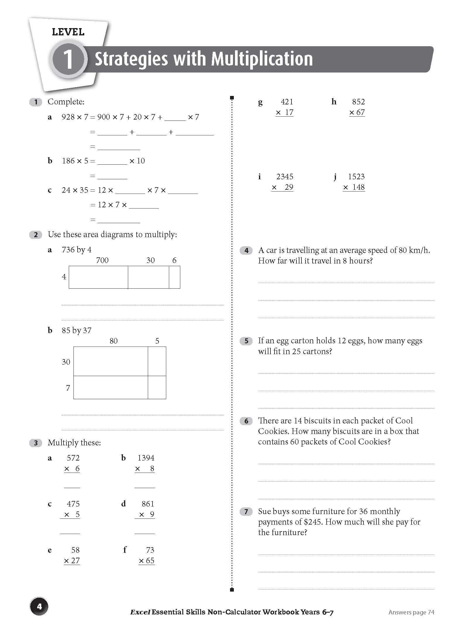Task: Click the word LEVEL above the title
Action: (x=68, y=32)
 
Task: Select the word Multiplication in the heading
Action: (x=262, y=59)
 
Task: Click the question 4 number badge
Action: (x=246, y=251)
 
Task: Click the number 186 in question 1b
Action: (x=68, y=161)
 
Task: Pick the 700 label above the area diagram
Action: (x=102, y=260)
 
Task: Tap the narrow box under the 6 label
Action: (x=174, y=277)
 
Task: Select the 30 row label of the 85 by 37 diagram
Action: (x=66, y=362)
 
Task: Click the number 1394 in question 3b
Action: (x=146, y=458)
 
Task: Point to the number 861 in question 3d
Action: (x=148, y=504)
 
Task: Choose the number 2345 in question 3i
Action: (x=284, y=177)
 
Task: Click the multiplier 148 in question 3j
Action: (x=358, y=187)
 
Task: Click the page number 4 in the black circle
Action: (x=39, y=607)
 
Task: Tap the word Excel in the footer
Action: (x=140, y=612)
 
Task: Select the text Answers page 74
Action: (x=411, y=612)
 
